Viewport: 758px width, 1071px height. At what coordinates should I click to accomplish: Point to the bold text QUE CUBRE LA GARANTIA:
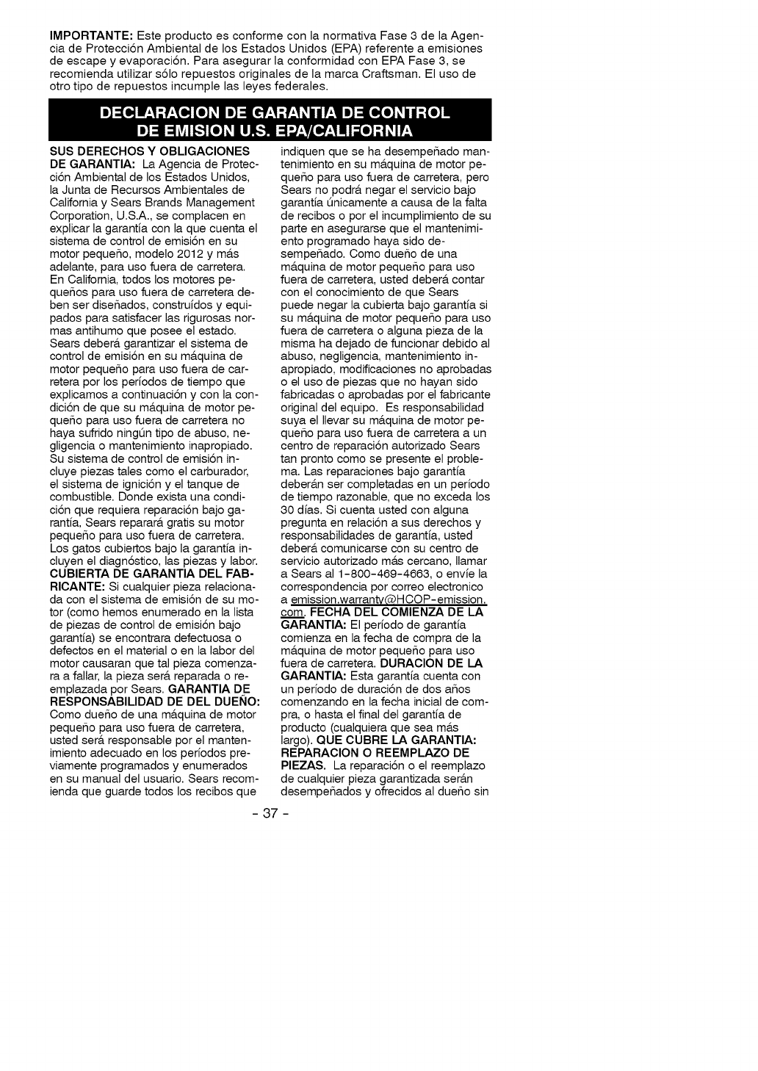[x=408, y=740]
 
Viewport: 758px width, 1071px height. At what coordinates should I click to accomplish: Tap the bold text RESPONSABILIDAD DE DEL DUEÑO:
[x=154, y=702]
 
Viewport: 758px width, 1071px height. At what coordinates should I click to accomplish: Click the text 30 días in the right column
[x=301, y=509]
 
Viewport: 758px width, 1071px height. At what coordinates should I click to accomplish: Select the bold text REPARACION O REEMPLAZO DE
[x=375, y=753]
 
